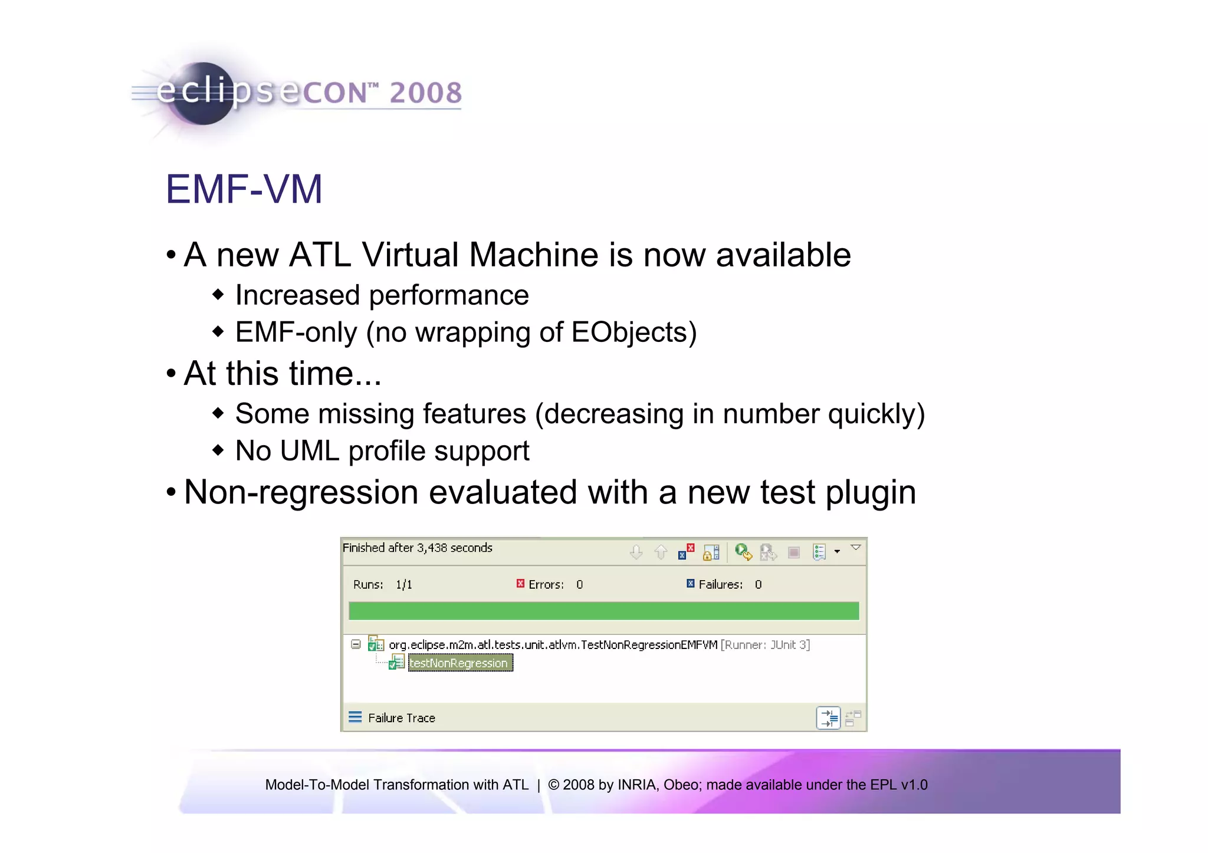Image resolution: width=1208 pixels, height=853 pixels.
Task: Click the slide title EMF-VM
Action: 244,189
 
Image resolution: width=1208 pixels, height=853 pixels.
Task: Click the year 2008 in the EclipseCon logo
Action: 425,93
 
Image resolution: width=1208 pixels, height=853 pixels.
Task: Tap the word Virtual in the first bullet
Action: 410,255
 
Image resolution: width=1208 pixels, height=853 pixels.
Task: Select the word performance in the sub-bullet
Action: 448,295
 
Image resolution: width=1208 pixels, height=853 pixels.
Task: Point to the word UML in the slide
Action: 310,451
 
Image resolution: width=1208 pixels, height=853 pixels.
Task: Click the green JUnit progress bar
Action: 603,611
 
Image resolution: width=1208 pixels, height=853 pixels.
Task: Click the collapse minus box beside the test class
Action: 356,644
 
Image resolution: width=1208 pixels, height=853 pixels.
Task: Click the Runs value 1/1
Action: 404,585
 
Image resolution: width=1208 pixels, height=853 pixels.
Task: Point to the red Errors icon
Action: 520,584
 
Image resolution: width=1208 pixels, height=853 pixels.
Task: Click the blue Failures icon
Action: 690,584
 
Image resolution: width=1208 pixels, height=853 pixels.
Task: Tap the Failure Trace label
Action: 401,718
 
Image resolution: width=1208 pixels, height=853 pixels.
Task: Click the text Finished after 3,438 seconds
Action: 417,548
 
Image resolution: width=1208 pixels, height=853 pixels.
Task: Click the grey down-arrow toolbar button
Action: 636,552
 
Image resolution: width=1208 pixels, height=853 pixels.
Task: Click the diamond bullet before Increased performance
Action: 218,294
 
